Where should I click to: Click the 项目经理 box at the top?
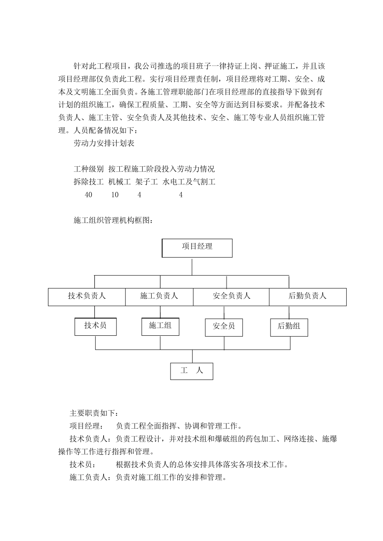coord(197,248)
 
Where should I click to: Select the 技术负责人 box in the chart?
coord(87,297)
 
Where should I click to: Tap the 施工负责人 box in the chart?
coord(159,297)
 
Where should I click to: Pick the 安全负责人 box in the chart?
coord(231,297)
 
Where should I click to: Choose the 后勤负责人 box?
coord(308,297)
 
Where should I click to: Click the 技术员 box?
coord(96,326)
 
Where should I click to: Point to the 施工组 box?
coord(160,326)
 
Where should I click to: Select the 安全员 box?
coord(224,327)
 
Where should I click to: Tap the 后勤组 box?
coord(289,327)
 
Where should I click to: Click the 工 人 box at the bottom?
coord(191,371)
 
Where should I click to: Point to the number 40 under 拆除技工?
coord(88,195)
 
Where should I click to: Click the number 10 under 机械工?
coord(115,195)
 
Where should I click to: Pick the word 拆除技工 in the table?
coord(89,182)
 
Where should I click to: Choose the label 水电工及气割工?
coord(189,182)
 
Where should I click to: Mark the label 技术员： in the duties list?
coord(83,465)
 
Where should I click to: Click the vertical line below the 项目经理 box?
coord(192,266)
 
